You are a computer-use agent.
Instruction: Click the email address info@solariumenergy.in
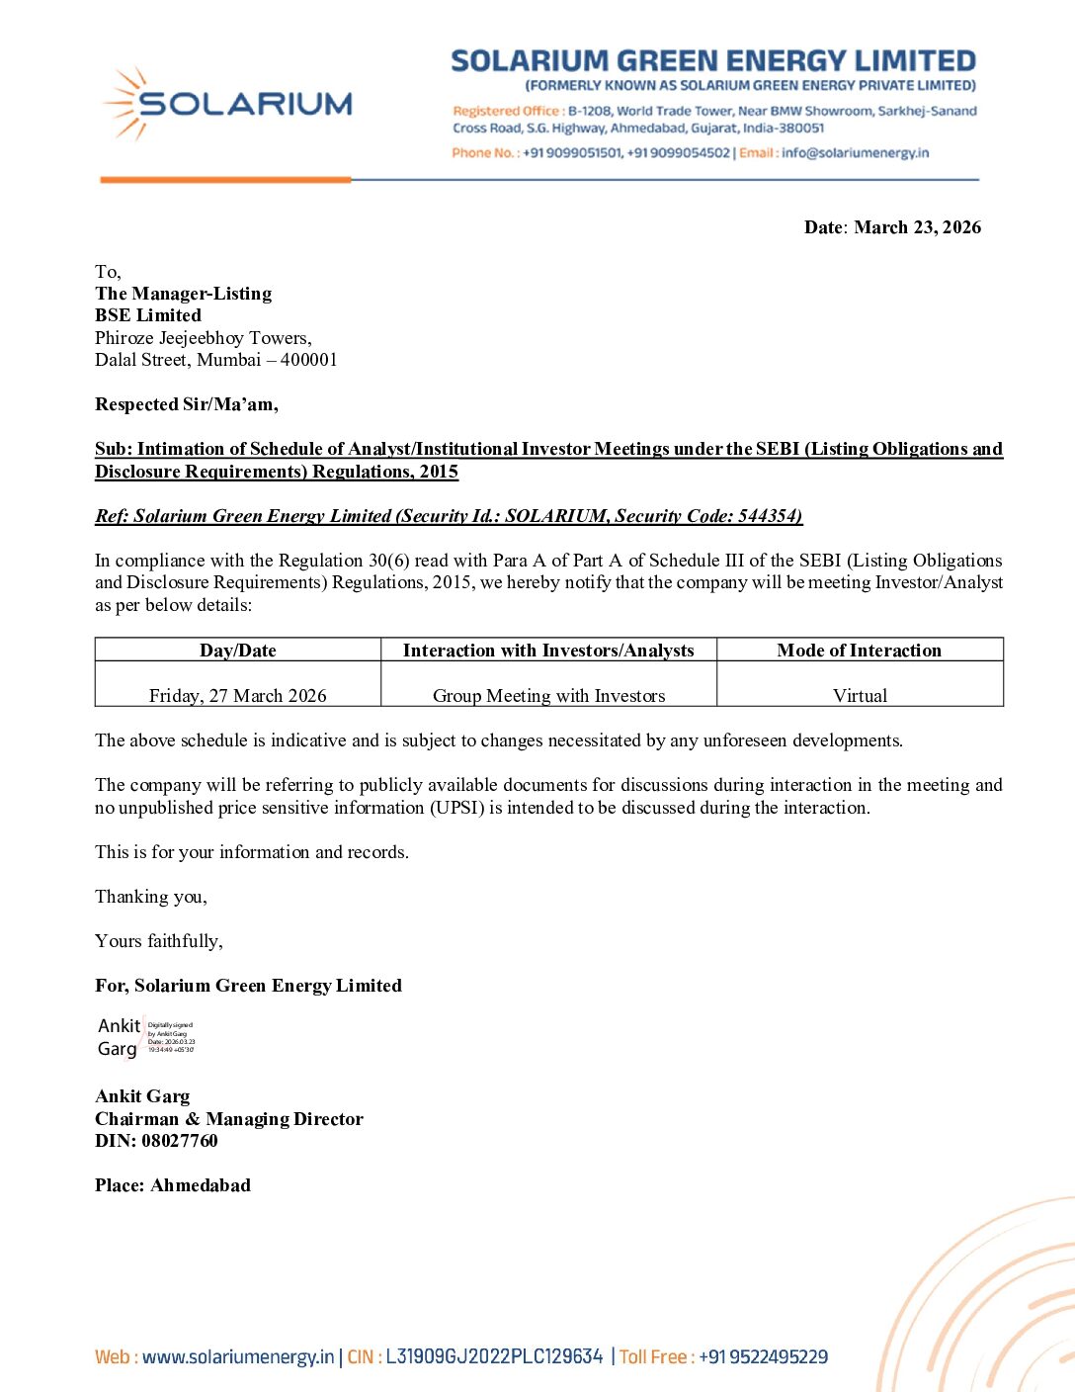pos(855,153)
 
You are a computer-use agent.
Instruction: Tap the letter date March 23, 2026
pos(917,227)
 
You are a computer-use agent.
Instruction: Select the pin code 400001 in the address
pos(308,360)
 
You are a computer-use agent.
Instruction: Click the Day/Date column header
pos(238,651)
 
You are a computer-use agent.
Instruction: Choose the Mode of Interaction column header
pos(859,651)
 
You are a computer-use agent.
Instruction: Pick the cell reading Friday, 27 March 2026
pos(238,695)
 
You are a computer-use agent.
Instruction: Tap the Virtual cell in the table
pos(860,695)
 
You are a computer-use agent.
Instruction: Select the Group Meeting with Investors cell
pos(548,695)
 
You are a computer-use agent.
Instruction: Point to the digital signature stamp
pos(147,1037)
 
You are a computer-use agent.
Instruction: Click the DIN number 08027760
pos(179,1141)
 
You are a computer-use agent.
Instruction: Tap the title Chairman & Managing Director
pos(229,1119)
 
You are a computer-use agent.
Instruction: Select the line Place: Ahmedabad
pos(173,1185)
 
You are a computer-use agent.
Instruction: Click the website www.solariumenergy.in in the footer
pos(238,1357)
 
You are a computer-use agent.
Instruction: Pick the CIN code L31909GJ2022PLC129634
pos(494,1357)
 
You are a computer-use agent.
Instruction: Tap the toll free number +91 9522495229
pos(763,1357)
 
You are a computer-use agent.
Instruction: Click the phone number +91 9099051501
pos(572,153)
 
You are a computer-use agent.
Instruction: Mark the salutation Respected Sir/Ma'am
pos(187,404)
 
